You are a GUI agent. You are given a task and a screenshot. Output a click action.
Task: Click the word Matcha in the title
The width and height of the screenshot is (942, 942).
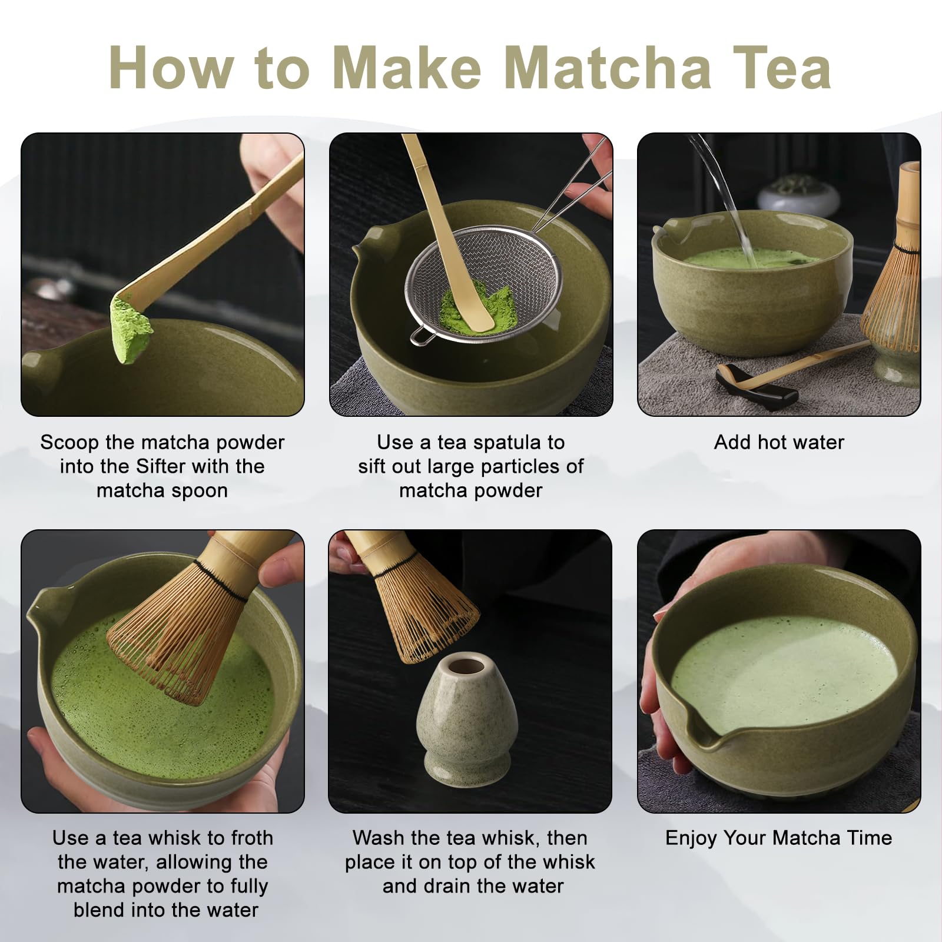[x=608, y=68]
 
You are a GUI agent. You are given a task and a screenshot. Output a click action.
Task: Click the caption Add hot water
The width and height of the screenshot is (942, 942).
[x=779, y=442]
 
